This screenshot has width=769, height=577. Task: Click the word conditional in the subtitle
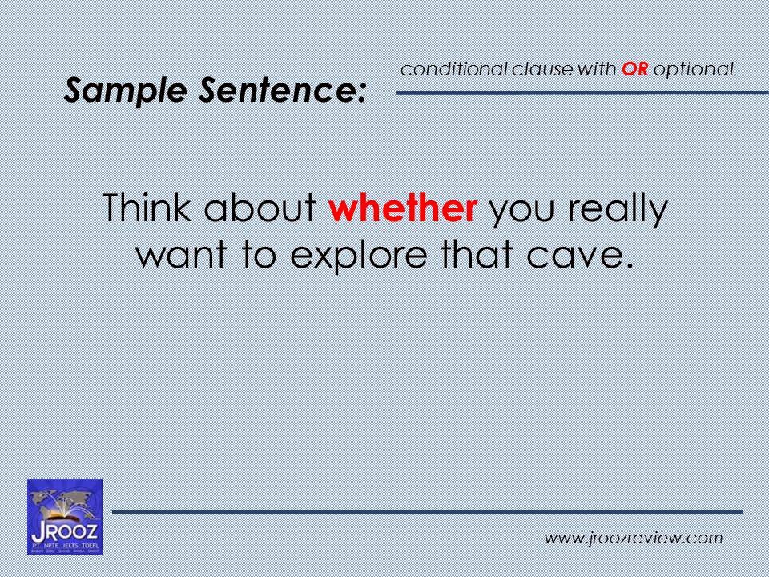pos(453,70)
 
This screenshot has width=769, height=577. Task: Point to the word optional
pos(693,70)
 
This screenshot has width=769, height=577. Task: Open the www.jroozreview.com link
pos(633,539)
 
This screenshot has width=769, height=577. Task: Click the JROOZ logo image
pos(65,516)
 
